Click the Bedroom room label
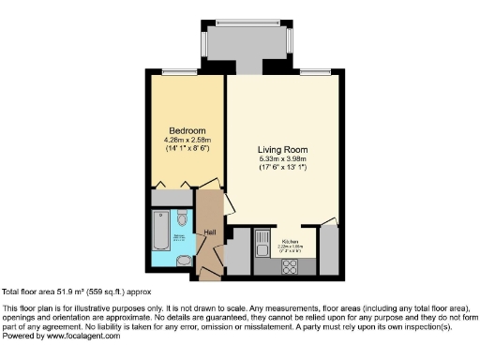click(x=187, y=130)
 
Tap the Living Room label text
click(x=283, y=149)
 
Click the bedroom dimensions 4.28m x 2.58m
click(x=187, y=141)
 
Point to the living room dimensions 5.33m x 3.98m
click(x=283, y=159)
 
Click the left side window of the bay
click(x=203, y=44)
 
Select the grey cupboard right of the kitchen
click(x=328, y=249)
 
